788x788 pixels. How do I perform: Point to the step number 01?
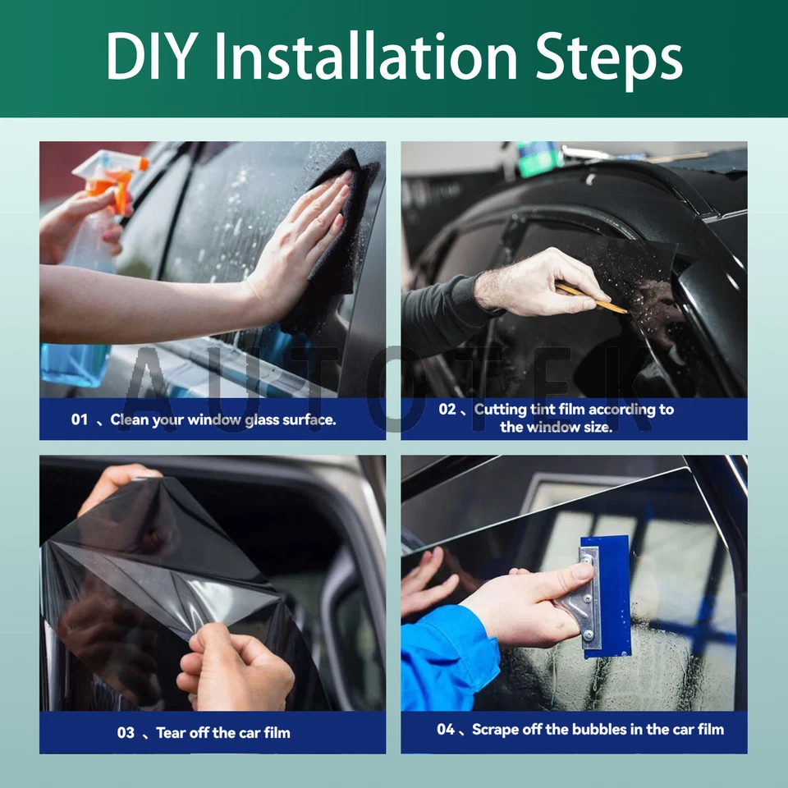click(x=79, y=419)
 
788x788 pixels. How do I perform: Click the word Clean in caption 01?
click(x=130, y=419)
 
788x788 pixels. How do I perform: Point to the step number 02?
click(x=447, y=409)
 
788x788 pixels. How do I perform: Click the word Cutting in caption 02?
click(x=501, y=409)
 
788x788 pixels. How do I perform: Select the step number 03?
click(x=126, y=732)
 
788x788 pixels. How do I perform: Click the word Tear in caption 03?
click(x=171, y=732)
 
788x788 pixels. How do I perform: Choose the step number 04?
click(x=446, y=729)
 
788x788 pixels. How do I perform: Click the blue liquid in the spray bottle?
click(x=74, y=361)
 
